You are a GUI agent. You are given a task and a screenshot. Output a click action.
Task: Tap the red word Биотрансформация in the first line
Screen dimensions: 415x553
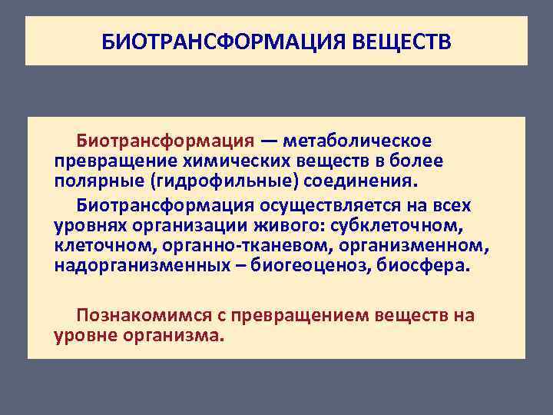click(x=164, y=141)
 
